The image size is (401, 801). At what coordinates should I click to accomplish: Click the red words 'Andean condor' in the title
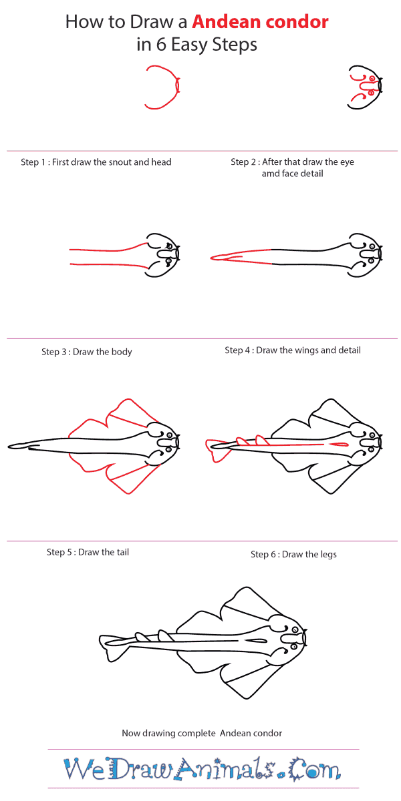pos(260,22)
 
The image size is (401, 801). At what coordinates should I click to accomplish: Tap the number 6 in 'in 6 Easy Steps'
pos(161,45)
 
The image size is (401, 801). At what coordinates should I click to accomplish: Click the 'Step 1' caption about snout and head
pos(96,162)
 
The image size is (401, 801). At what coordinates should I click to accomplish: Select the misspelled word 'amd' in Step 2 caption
pos(269,174)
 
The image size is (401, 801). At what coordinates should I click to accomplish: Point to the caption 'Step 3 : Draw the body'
pos(87,352)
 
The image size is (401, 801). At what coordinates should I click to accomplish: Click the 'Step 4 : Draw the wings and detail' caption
pos(293,350)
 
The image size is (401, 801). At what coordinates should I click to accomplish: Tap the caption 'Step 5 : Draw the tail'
pos(88,552)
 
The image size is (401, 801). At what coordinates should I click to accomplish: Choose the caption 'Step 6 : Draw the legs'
pos(293,555)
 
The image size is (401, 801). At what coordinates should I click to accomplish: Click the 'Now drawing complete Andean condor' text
pos(202,734)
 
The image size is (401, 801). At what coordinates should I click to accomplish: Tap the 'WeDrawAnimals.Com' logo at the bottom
pos(203,768)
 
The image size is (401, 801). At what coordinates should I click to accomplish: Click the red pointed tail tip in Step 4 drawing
pos(211,258)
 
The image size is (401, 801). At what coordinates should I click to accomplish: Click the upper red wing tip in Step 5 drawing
pos(128,399)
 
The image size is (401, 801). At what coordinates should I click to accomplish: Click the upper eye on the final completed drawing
pos(295,629)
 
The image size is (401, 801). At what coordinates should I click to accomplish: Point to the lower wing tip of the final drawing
pos(247,698)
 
